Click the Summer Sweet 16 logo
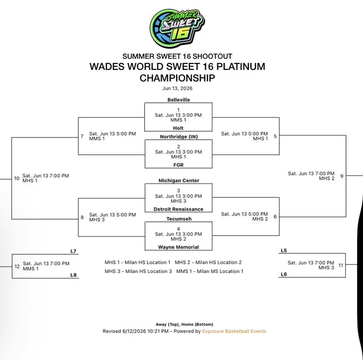click(x=177, y=28)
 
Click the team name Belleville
click(x=179, y=100)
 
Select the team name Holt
click(x=178, y=128)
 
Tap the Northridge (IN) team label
click(x=179, y=137)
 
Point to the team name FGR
click(x=178, y=165)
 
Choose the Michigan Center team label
click(x=179, y=180)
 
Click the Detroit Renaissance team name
click(x=178, y=209)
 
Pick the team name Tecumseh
click(x=179, y=219)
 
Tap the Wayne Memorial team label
click(x=178, y=247)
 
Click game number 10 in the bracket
click(x=17, y=178)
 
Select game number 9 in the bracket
click(x=342, y=176)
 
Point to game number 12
click(x=17, y=266)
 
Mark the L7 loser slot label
click(x=73, y=251)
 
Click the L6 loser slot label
click(x=284, y=274)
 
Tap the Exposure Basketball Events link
click(x=234, y=331)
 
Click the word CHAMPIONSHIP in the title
click(x=177, y=78)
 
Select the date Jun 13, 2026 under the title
click(x=177, y=89)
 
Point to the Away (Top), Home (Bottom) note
click(x=184, y=324)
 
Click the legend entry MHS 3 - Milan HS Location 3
click(x=138, y=271)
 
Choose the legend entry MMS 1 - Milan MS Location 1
click(x=210, y=271)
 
